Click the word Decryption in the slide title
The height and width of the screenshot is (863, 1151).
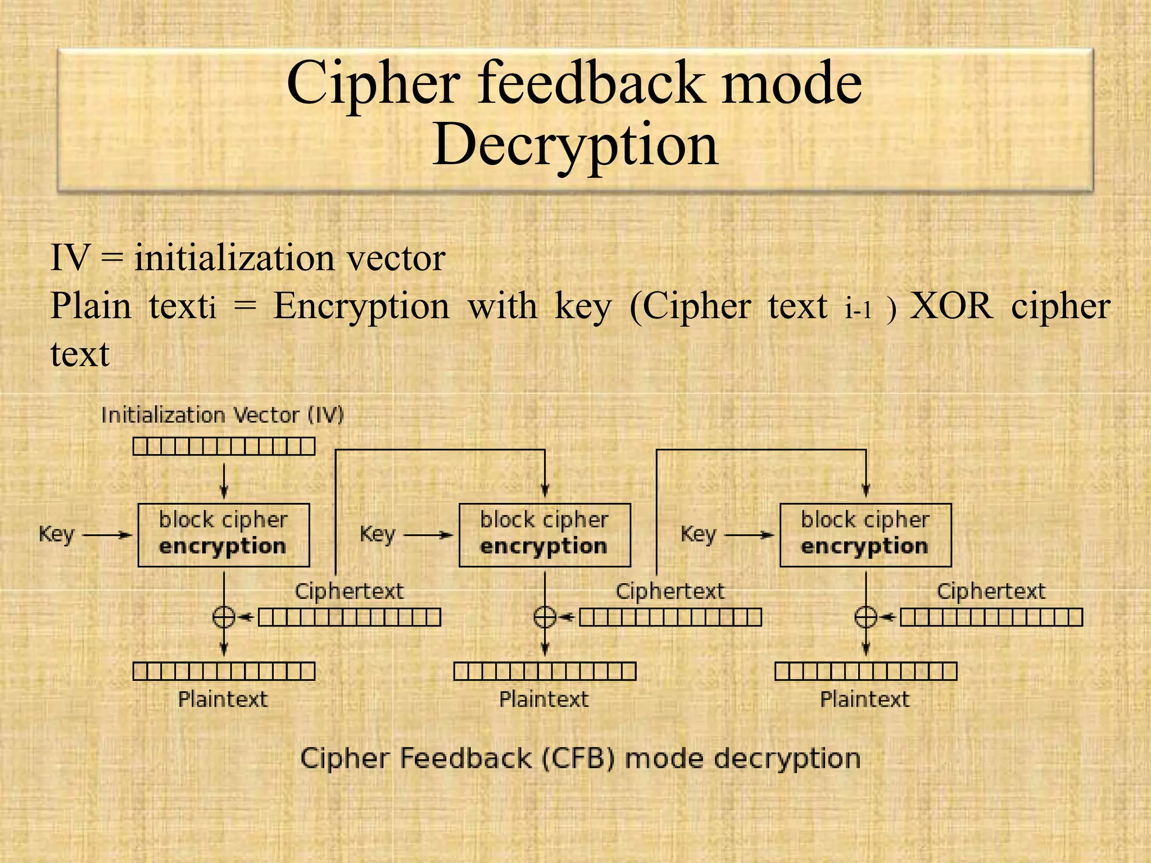(575, 145)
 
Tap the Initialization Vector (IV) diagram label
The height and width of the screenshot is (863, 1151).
(223, 416)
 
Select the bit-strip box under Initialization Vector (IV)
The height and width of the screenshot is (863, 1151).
(224, 447)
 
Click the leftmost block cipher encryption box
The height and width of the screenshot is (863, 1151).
(224, 535)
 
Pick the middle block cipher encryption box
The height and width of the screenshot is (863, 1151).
(545, 535)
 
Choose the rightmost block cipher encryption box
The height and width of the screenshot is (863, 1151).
(865, 535)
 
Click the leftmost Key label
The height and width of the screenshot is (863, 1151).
(56, 534)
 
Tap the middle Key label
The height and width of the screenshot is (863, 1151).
(378, 534)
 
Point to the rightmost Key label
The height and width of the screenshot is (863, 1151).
(699, 534)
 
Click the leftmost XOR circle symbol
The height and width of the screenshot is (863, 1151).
(224, 617)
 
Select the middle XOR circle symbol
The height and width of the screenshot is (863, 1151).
(545, 617)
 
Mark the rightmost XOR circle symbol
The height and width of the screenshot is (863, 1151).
(865, 617)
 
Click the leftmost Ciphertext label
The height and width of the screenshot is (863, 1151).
(349, 592)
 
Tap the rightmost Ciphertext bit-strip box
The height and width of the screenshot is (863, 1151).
(991, 617)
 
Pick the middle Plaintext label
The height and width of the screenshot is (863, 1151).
(544, 700)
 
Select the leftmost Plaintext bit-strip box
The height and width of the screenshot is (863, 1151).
(224, 671)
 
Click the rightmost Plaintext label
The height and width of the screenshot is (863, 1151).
(865, 700)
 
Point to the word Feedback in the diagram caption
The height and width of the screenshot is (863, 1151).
(465, 759)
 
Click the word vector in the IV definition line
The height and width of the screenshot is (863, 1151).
(396, 258)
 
